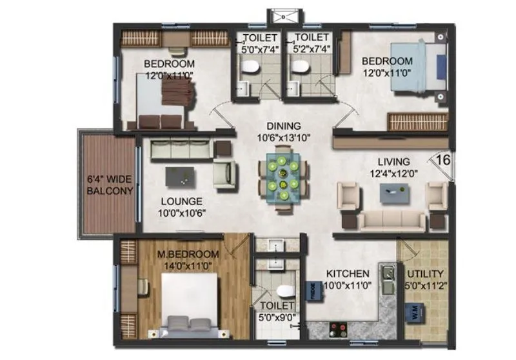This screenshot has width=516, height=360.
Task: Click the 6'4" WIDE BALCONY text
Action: [110, 185]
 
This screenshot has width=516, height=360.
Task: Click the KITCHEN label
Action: [348, 274]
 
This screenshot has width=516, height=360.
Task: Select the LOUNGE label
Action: [182, 201]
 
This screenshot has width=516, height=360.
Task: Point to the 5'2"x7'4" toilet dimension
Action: [308, 48]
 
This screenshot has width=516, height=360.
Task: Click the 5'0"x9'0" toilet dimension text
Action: [277, 316]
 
